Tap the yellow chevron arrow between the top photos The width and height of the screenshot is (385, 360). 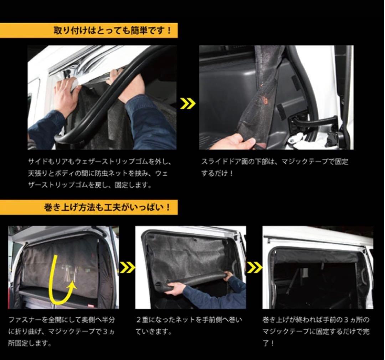pyautogui.click(x=188, y=104)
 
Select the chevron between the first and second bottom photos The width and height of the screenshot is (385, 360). pyautogui.click(x=127, y=267)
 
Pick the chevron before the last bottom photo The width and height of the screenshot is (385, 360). pyautogui.click(x=254, y=267)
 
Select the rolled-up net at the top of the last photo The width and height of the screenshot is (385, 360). pyautogui.click(x=315, y=256)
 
